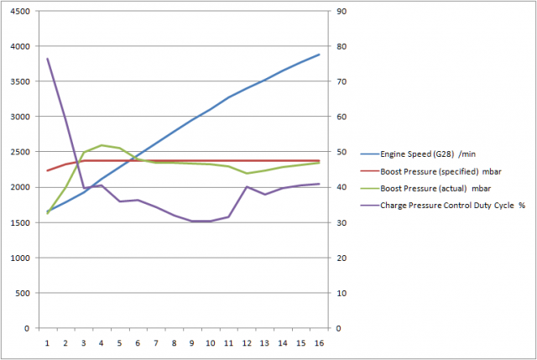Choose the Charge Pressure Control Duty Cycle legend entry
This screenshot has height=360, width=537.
(x=446, y=204)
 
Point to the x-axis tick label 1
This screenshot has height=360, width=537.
(x=47, y=342)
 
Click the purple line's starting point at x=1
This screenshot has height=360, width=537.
(x=47, y=59)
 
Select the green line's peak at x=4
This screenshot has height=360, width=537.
(x=102, y=145)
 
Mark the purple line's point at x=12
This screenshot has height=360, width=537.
(x=247, y=186)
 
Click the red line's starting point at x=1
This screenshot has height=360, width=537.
(x=47, y=170)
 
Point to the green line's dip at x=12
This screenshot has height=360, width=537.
(x=247, y=174)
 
